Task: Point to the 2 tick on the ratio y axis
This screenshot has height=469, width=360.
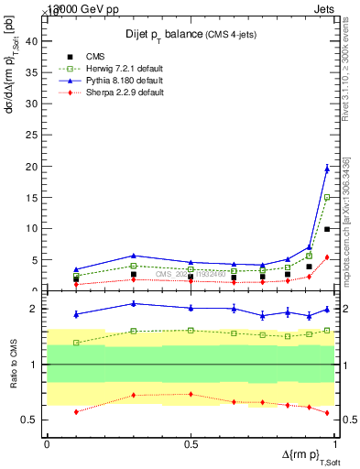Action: tap(38, 309)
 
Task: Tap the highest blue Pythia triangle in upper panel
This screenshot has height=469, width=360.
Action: tap(327, 168)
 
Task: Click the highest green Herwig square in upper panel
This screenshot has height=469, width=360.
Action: tap(327, 197)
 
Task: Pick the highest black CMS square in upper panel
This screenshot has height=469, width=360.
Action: tap(327, 229)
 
